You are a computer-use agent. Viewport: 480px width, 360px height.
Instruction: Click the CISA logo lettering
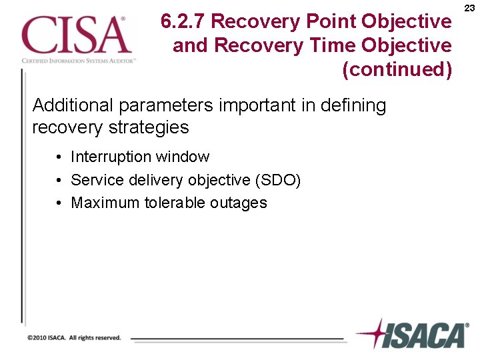[x=75, y=35]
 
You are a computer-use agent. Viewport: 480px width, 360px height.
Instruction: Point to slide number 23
[x=469, y=7]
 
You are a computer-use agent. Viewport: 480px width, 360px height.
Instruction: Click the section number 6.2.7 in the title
[x=183, y=22]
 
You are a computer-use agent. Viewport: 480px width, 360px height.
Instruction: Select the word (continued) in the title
[x=397, y=69]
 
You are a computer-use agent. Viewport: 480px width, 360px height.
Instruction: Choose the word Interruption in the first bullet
[x=111, y=157]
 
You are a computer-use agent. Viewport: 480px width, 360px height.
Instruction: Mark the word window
[x=183, y=157]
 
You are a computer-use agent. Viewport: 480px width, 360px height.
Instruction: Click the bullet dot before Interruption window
[x=60, y=158]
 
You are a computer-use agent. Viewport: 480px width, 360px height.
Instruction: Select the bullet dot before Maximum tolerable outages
[x=60, y=203]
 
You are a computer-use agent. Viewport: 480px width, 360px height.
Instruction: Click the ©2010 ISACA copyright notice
[x=74, y=338]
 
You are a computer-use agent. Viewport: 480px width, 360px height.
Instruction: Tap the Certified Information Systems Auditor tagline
[x=79, y=60]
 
